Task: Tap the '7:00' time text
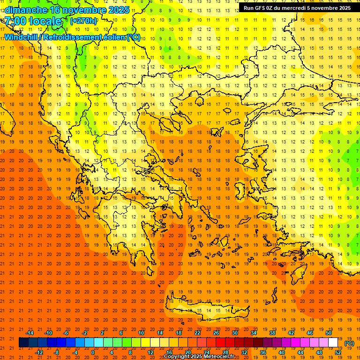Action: [15, 21]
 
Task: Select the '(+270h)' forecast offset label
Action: [83, 21]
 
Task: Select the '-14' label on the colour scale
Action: [30, 333]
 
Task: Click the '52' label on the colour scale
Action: [338, 352]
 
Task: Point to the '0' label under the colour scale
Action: [93, 352]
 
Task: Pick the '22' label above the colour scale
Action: [197, 333]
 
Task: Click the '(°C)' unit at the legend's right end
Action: [349, 343]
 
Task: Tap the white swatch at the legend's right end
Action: [333, 343]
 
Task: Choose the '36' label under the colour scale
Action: [262, 352]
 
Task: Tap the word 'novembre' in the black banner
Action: [322, 8]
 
